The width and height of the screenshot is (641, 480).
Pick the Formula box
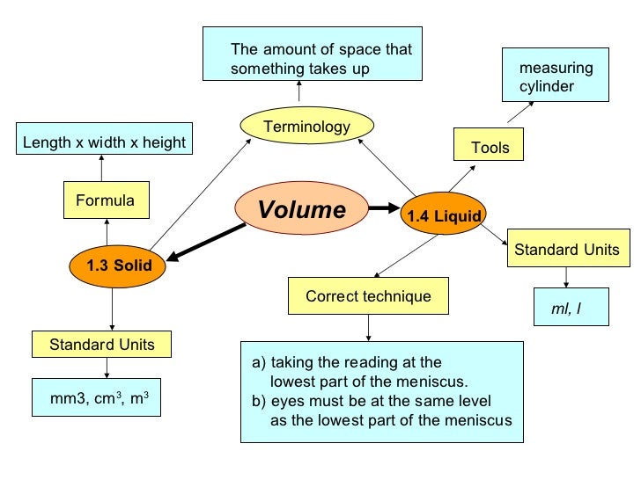tap(106, 200)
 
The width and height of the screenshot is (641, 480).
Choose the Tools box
tap(489, 147)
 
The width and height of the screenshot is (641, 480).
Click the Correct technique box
tap(368, 296)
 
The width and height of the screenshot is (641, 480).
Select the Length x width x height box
tap(104, 142)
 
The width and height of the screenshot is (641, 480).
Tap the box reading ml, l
tap(564, 309)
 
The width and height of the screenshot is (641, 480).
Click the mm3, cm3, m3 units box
tap(99, 399)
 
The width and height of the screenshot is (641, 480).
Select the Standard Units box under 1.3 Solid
tap(101, 345)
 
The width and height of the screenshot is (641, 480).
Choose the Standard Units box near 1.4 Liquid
tap(566, 250)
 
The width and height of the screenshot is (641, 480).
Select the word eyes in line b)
tap(285, 402)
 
